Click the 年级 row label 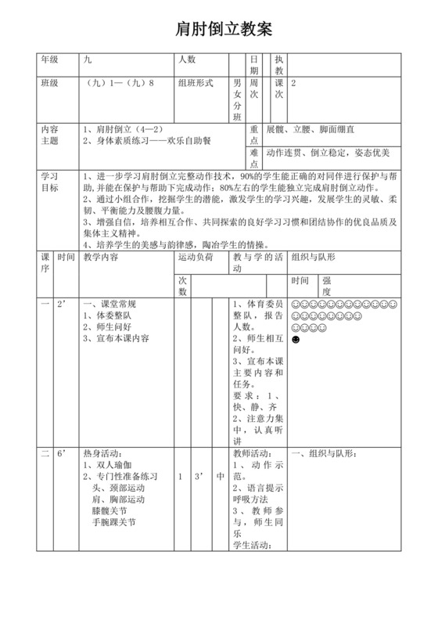click(49, 59)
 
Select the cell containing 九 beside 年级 click(87, 59)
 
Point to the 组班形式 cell click(196, 81)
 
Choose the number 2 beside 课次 click(293, 81)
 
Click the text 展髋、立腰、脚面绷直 click(311, 128)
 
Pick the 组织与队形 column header click(313, 257)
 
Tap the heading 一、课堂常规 click(110, 303)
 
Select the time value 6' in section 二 click(63, 453)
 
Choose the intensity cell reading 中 click(220, 477)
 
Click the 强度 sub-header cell click(327, 285)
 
